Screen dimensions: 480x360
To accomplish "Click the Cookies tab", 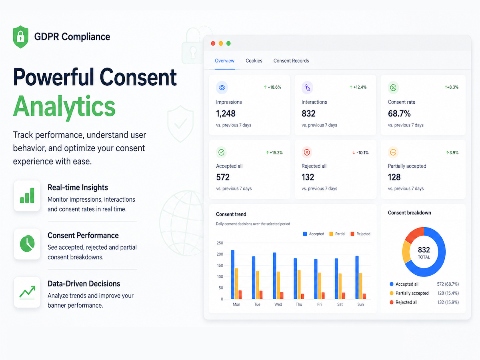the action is tap(254, 60).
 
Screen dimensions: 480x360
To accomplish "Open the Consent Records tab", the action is tap(291, 60).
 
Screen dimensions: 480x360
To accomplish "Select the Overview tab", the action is tap(224, 60).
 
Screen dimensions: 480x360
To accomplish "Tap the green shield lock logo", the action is tap(20, 37).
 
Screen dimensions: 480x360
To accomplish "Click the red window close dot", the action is tap(213, 43).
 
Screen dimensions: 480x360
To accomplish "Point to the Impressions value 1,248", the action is tap(226, 114).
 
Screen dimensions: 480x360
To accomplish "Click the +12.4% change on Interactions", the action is tap(358, 87).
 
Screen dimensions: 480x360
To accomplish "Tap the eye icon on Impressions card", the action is tap(222, 88).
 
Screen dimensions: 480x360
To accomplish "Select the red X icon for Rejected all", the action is tap(307, 152).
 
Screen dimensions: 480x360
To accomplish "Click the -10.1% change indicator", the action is tap(360, 152).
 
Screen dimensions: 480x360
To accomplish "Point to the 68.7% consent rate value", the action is tap(399, 114).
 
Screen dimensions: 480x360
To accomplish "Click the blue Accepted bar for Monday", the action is tap(233, 274).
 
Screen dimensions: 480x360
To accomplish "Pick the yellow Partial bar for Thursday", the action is tap(299, 284).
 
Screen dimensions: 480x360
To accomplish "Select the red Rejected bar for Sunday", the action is tap(364, 296).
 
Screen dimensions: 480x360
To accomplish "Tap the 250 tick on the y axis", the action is tap(220, 243).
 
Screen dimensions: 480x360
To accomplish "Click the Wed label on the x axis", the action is tap(278, 304).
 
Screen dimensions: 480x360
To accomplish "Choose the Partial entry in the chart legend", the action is tap(337, 234).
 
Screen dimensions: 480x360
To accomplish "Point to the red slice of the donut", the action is tap(414, 235).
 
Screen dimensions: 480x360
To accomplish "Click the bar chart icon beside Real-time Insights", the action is tap(27, 196).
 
